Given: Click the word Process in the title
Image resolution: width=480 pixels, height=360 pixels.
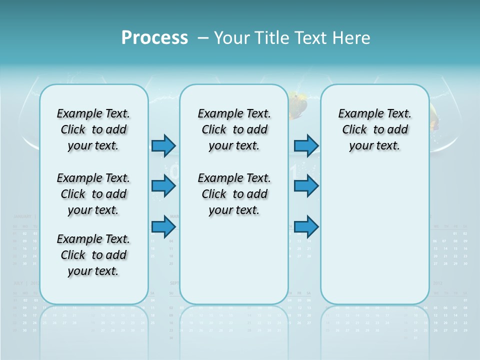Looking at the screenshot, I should pyautogui.click(x=154, y=37).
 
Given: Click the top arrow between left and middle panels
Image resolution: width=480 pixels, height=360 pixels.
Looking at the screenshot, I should pyautogui.click(x=163, y=145).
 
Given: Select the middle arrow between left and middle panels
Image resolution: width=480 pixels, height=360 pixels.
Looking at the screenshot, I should pyautogui.click(x=163, y=186).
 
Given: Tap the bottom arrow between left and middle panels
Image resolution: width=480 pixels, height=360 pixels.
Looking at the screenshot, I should pyautogui.click(x=163, y=227).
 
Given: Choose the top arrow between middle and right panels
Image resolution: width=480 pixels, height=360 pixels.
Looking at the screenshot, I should pyautogui.click(x=306, y=145).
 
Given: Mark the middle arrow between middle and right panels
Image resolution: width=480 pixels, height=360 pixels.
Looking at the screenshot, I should pyautogui.click(x=306, y=186).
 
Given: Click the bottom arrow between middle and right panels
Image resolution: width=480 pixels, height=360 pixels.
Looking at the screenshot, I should pyautogui.click(x=306, y=227).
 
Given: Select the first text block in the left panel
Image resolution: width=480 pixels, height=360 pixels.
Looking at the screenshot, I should pyautogui.click(x=93, y=129).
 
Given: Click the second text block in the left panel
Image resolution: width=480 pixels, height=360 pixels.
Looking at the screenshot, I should pyautogui.click(x=93, y=194).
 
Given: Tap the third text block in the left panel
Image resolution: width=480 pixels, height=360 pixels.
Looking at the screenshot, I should pyautogui.click(x=93, y=255).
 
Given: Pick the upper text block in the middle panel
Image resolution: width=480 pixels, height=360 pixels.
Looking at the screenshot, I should pyautogui.click(x=234, y=129).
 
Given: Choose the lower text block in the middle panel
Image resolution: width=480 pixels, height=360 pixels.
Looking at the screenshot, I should pyautogui.click(x=234, y=194).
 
